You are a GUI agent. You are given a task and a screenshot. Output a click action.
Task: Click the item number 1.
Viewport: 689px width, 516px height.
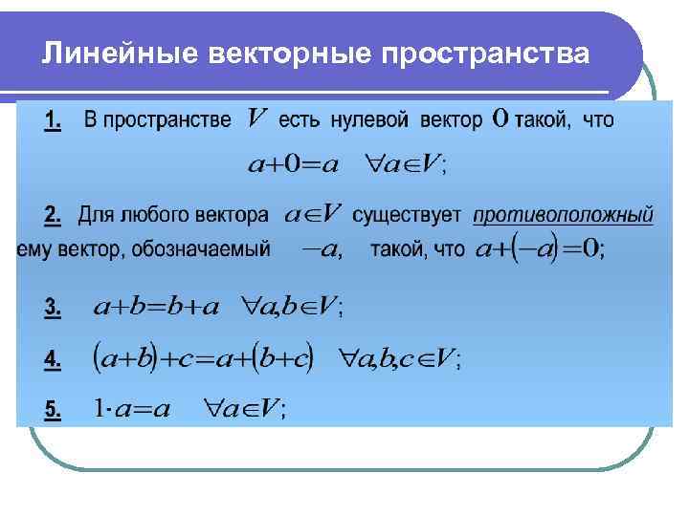pos(53,122)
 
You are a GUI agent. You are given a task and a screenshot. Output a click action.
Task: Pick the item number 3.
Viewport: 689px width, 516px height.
pos(53,307)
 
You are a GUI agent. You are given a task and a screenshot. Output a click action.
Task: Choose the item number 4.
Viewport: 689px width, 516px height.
pos(53,359)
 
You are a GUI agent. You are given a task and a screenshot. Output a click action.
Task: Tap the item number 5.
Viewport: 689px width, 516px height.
pos(53,410)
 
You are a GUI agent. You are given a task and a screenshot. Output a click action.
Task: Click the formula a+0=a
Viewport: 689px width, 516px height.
pos(293,165)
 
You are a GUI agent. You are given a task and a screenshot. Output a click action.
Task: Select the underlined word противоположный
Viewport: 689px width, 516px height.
pos(564,216)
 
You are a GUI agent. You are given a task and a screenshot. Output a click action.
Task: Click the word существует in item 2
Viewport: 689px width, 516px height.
pos(407,216)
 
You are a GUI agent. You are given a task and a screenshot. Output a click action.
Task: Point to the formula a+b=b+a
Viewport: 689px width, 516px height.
pos(156,306)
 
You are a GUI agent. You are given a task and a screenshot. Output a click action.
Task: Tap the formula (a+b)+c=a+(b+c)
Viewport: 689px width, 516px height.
pos(202,358)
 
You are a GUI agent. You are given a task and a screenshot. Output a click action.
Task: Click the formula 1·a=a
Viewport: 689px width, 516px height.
pos(132,409)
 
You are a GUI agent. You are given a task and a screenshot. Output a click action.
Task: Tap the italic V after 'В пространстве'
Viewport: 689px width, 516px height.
pos(256,119)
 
